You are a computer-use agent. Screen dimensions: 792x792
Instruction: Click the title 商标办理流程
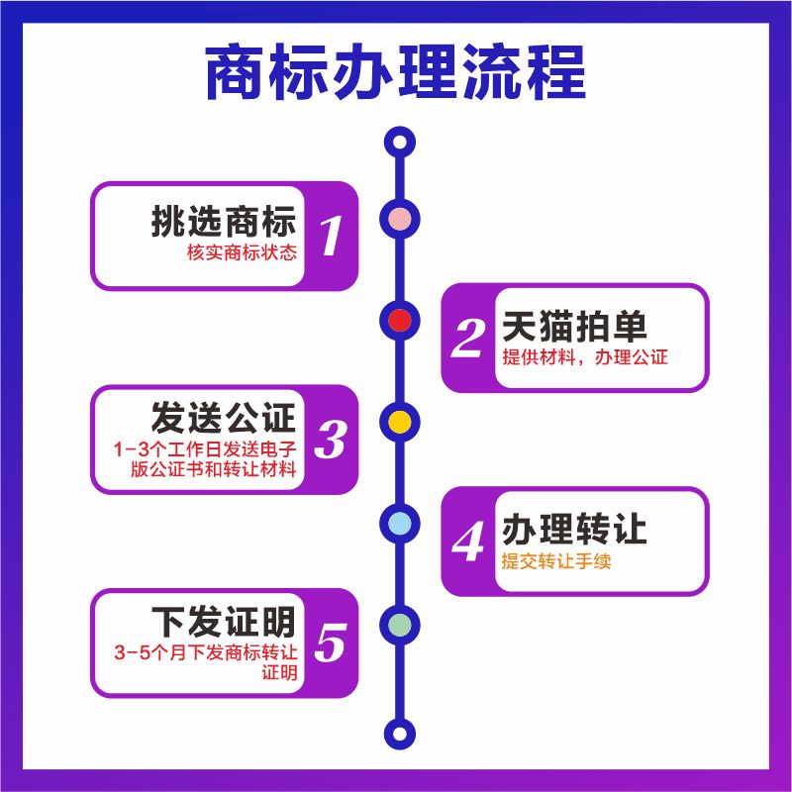[x=395, y=71]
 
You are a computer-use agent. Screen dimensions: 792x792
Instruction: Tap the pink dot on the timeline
[x=399, y=218]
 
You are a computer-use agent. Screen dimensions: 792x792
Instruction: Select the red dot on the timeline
[x=399, y=320]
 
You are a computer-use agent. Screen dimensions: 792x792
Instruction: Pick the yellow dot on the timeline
[x=399, y=421]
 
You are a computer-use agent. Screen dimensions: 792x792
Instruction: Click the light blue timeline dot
[x=399, y=523]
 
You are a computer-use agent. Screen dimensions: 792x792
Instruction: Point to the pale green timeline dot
[x=399, y=624]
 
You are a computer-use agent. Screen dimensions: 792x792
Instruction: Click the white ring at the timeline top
[x=399, y=142]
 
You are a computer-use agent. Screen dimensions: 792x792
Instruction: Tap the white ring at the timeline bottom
[x=399, y=734]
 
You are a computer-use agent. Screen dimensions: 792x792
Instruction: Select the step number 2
[x=467, y=339]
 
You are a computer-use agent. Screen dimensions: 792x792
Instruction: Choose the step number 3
[x=331, y=440]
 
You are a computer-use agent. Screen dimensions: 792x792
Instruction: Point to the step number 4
[x=467, y=542]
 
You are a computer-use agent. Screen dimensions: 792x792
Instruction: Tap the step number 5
[x=331, y=643]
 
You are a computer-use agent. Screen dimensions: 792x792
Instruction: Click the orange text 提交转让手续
[x=556, y=561]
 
